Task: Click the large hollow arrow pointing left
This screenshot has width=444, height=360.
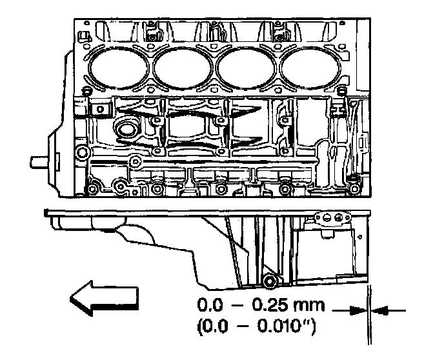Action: (x=104, y=299)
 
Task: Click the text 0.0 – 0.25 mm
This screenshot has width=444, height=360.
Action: (x=261, y=305)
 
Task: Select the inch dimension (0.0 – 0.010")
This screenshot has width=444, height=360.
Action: (x=256, y=327)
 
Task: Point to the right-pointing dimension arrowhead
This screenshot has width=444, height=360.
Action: (x=358, y=310)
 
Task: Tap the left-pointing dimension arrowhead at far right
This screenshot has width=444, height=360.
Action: (x=379, y=310)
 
